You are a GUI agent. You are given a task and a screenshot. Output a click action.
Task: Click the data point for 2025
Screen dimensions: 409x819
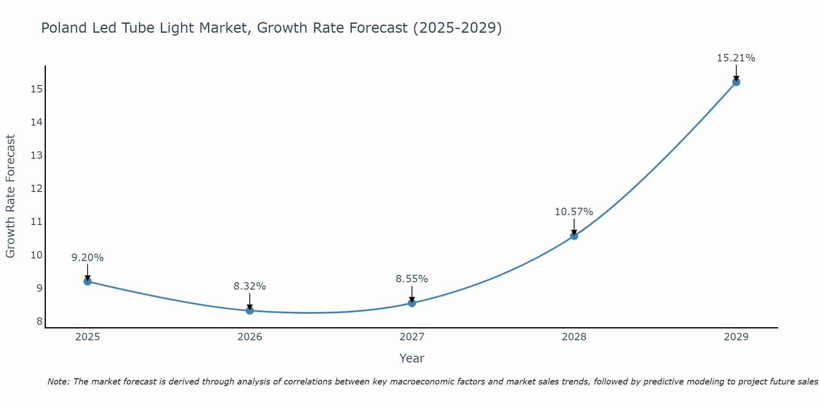tap(88, 281)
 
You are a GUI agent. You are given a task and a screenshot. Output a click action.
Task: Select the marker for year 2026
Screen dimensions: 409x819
tap(250, 310)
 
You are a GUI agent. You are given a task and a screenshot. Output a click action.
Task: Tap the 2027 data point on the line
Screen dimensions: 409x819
tap(412, 303)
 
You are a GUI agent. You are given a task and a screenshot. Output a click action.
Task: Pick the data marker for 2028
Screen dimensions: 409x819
tap(574, 236)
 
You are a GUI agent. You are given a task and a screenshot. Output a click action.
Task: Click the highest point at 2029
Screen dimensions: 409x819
tap(736, 82)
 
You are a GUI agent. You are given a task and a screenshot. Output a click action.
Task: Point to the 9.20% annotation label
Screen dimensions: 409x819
tap(88, 258)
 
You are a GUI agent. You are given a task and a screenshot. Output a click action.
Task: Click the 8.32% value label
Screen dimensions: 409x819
tap(250, 286)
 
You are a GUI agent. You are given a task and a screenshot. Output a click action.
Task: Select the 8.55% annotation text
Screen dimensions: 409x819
tap(412, 279)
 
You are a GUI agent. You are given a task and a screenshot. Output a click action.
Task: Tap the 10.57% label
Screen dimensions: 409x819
tap(574, 212)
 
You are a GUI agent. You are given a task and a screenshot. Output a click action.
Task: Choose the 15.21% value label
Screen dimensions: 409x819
tap(736, 58)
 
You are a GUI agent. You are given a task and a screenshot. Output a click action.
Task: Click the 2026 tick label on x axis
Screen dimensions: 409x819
tap(250, 337)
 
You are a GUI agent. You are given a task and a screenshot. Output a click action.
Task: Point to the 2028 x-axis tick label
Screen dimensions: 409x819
tap(574, 337)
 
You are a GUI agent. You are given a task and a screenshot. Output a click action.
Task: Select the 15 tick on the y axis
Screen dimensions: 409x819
tap(36, 89)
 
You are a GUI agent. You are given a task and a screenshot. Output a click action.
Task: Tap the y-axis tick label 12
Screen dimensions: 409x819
tap(36, 189)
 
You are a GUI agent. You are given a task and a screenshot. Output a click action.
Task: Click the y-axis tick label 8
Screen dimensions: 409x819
tap(39, 321)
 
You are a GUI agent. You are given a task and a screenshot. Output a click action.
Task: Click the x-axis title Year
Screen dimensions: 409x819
tap(412, 358)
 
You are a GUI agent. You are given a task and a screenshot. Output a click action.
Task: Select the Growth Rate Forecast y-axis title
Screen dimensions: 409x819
tap(11, 196)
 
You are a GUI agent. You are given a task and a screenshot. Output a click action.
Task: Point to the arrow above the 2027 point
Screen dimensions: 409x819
tap(412, 294)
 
